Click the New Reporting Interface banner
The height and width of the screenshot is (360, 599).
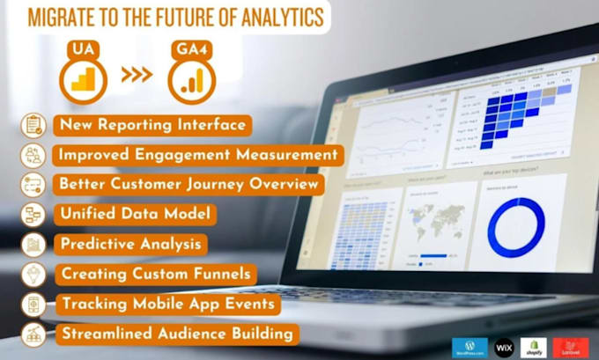(152, 125)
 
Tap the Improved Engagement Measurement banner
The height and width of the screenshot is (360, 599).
(197, 155)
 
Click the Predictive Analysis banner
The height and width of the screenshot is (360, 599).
(129, 244)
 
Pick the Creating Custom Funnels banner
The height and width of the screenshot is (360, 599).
(156, 274)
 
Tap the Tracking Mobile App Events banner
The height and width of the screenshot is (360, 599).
(170, 304)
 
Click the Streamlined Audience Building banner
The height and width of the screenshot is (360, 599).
(176, 334)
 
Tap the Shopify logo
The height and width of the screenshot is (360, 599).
(534, 347)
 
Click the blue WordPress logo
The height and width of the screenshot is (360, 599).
(469, 347)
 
